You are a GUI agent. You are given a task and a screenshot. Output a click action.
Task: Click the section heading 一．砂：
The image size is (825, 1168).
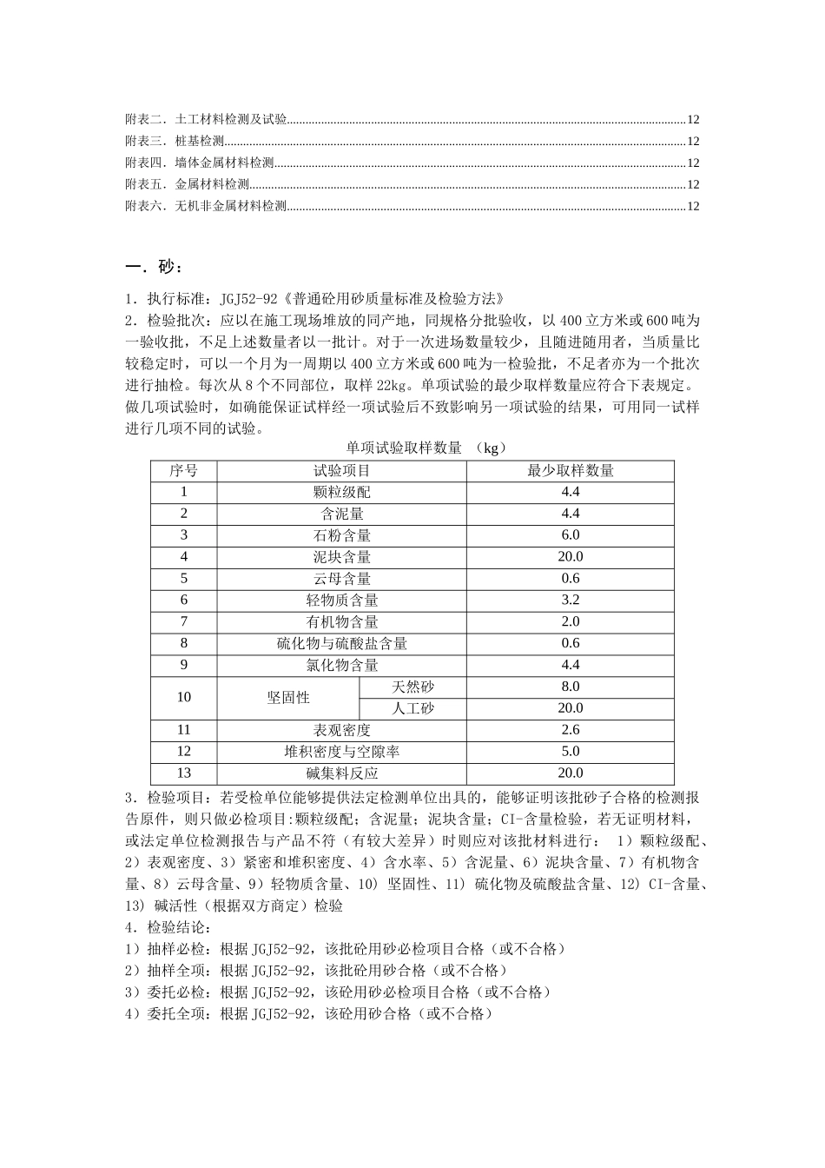click(155, 266)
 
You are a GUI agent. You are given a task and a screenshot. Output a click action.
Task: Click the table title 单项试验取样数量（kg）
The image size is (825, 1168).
click(426, 448)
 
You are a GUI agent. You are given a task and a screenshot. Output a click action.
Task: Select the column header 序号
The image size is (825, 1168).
click(183, 470)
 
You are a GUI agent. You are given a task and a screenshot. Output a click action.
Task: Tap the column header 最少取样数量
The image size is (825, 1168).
click(570, 470)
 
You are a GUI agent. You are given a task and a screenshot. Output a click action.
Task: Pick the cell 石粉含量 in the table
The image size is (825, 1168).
click(341, 535)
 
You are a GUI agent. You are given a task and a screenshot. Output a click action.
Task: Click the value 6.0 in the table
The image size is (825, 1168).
click(570, 535)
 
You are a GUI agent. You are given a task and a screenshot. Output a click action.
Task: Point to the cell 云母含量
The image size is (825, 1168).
click(341, 579)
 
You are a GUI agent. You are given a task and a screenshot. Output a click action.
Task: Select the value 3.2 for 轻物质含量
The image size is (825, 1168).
click(570, 600)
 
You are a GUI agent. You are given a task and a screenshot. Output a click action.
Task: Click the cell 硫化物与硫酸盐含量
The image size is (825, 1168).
click(341, 643)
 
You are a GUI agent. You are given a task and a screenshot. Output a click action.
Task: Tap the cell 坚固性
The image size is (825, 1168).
click(287, 697)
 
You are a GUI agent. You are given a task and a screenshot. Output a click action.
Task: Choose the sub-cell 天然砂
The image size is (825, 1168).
click(412, 687)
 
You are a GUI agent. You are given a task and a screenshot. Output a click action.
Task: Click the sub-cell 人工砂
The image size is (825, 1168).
click(412, 708)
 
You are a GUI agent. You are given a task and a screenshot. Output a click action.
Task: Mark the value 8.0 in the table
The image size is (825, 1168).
click(570, 687)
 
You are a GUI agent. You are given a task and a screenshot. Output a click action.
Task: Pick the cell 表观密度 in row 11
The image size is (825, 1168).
click(341, 730)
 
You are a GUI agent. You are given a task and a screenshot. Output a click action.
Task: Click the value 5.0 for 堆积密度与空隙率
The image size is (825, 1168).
click(570, 752)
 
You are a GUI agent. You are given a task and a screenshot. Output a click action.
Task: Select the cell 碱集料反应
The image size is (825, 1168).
click(341, 773)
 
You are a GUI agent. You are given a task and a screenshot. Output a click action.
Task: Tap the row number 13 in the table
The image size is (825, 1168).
click(183, 773)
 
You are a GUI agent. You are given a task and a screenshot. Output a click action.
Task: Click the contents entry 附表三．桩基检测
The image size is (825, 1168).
click(175, 141)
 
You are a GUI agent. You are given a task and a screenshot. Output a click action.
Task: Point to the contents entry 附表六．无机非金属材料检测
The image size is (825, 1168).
click(206, 206)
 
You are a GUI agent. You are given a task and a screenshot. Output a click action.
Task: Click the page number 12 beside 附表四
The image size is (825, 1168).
click(693, 163)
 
